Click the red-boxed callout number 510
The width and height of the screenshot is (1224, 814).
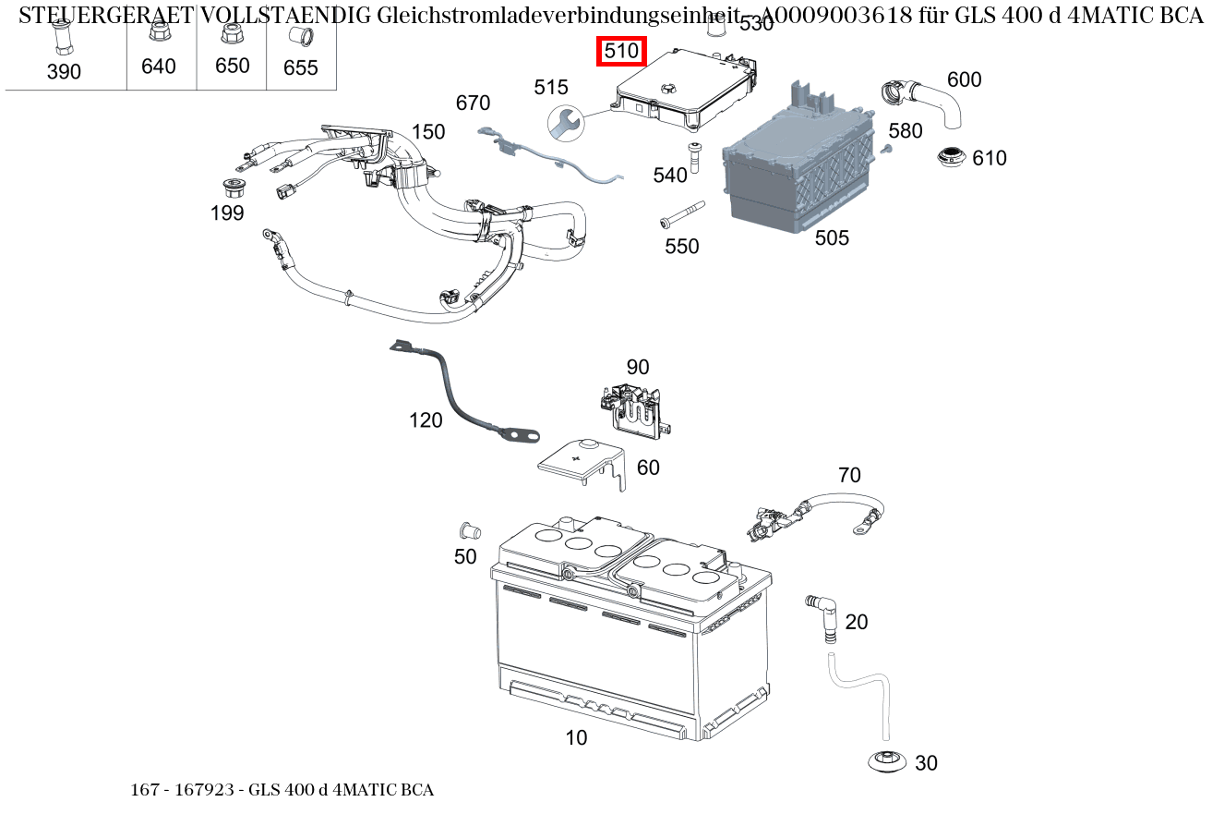621,52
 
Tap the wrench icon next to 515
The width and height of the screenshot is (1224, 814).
565,122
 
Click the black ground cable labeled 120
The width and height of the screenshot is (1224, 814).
457,393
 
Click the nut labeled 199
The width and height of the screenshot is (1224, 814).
234,188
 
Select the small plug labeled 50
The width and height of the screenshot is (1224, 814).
469,531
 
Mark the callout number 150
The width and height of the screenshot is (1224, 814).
428,132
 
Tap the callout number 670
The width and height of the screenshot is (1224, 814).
473,103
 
